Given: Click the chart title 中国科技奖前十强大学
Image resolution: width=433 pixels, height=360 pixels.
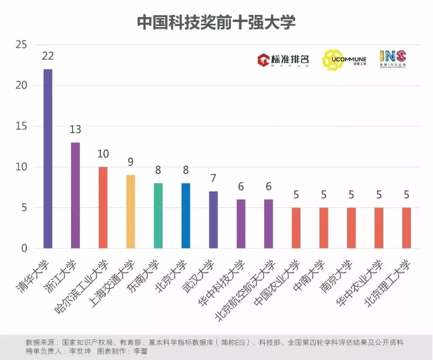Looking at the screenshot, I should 216,23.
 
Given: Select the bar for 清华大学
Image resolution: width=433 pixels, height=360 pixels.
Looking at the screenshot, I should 48,159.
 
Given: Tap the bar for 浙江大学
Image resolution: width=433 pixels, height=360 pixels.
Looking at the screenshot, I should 75,195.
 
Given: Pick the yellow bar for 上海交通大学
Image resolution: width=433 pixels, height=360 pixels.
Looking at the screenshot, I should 131,212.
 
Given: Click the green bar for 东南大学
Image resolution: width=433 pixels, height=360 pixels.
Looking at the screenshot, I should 158,216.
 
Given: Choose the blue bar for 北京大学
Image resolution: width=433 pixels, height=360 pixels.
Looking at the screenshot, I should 186,216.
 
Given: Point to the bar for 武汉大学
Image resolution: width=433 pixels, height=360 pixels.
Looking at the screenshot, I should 213,220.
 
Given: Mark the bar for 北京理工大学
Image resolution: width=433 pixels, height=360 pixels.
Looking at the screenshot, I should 407,228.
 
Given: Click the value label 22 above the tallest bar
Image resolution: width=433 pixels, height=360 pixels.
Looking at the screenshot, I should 48,56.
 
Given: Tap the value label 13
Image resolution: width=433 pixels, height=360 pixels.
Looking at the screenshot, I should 75,130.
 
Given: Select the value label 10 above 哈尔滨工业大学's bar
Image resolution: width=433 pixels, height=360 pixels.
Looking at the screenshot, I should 103,154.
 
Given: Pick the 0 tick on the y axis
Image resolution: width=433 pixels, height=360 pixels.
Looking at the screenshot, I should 24,249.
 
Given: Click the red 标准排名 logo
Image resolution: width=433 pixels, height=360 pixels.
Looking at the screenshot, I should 283,59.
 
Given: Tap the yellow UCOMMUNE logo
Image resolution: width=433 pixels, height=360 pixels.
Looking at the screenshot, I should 344,60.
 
